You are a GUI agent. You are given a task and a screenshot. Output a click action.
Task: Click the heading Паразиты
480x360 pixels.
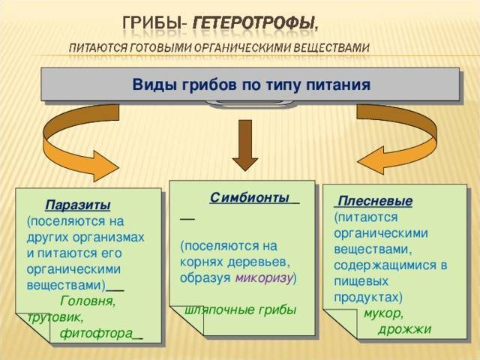click(78, 205)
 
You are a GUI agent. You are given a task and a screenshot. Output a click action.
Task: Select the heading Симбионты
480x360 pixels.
click(250, 197)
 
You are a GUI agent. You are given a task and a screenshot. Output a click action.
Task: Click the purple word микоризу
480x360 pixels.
click(263, 277)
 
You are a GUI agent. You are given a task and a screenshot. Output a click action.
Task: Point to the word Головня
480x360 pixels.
click(87, 301)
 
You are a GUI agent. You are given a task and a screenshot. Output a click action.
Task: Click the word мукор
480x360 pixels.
click(384, 313)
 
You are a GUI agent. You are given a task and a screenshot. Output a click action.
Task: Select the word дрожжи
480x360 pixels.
click(404, 329)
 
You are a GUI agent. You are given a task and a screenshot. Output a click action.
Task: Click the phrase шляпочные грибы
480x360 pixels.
click(239, 310)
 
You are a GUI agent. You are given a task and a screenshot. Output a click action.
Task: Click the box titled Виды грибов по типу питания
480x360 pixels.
click(250, 85)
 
